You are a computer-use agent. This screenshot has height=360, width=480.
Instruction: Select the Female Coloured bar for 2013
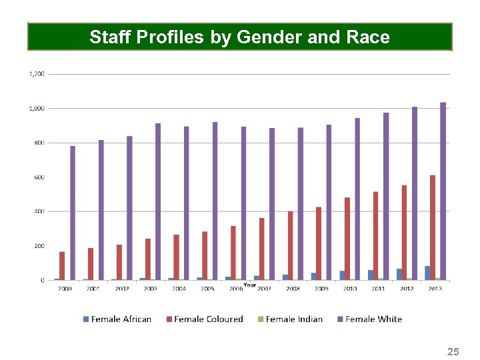coord(433,227)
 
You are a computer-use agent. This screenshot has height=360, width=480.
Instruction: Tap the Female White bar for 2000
coord(73,213)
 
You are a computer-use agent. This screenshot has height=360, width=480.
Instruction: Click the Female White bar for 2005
coord(215,201)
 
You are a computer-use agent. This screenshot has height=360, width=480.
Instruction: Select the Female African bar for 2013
coord(427,273)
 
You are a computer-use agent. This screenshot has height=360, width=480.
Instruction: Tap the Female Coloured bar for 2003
coord(148,259)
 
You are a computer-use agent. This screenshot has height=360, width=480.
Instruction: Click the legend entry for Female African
coord(117,319)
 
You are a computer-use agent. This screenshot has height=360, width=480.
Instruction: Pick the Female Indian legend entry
coord(290,319)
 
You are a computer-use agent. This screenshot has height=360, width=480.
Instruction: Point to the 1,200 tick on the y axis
coord(37,74)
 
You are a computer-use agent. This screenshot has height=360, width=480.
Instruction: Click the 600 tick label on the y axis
coord(39,177)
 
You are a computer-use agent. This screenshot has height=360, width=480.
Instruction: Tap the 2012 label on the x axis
coord(407,289)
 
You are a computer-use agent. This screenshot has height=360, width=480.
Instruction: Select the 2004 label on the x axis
coord(179,289)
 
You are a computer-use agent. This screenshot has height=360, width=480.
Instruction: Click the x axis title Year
coord(249,285)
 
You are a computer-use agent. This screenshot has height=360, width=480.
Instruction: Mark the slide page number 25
coord(453,351)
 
